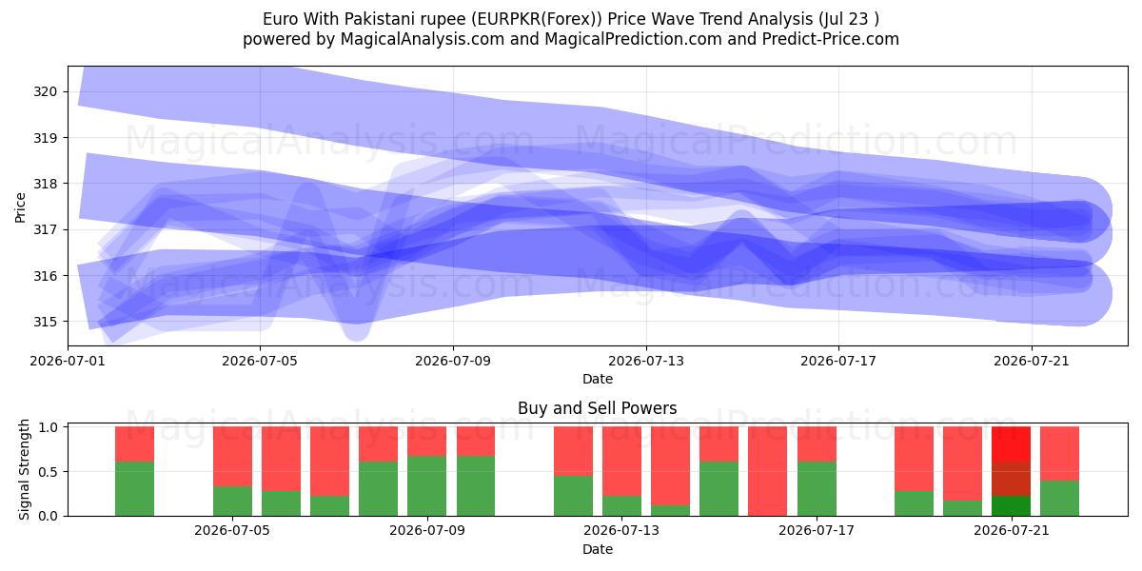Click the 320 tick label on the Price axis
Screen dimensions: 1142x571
pos(45,92)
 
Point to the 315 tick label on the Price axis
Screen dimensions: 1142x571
pos(45,323)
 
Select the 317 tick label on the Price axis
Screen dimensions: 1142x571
pos(45,230)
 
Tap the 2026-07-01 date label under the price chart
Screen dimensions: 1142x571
pos(68,362)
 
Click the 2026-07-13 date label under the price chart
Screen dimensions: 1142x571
pos(646,362)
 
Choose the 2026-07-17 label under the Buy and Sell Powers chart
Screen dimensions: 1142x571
pos(817,531)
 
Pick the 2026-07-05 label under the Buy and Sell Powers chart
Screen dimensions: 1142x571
pos(232,531)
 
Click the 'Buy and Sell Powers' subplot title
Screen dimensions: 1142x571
pos(597,408)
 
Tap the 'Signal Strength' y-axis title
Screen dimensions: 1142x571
pos(24,470)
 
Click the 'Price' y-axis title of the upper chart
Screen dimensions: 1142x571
pos(20,208)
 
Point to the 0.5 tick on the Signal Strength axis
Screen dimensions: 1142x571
pos(48,472)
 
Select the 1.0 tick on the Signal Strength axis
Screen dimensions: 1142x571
pos(48,427)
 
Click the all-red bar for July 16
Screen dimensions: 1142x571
pos(767,472)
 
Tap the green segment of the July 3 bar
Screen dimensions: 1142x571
pos(134,489)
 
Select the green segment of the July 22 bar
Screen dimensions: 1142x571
pos(1059,499)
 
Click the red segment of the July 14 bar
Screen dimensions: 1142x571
pos(670,466)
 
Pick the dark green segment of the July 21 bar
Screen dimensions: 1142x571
pos(1011,506)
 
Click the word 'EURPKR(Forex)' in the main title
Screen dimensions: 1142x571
pos(536,19)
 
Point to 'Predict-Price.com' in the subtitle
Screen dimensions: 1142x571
pos(831,39)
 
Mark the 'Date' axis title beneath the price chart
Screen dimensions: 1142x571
pos(598,380)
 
